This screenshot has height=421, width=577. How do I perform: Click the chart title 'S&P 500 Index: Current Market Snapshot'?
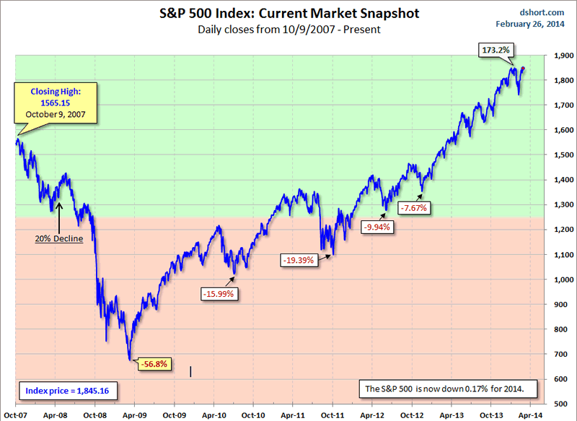288,13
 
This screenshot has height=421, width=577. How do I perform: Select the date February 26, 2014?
531,24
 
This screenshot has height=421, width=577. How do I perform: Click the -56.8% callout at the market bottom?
154,363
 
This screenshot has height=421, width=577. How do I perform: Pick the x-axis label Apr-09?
134,415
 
